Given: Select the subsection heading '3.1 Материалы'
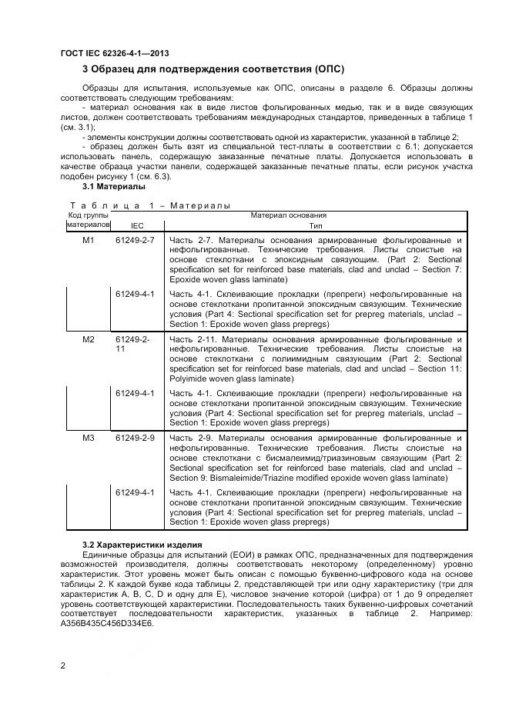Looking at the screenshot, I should coord(113,187).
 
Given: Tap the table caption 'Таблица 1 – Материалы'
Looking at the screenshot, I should coord(150,205).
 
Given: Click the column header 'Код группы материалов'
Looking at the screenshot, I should coord(87,221).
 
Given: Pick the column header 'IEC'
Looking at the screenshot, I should coord(137,226).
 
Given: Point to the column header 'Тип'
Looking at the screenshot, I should coord(316,226).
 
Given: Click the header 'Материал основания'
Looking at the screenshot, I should coord(288,215).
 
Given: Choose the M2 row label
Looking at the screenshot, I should coord(88,339).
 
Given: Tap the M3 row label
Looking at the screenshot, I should coord(88,438).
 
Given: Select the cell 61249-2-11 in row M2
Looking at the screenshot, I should coord(133,344).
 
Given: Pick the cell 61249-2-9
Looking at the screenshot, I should coord(135,438).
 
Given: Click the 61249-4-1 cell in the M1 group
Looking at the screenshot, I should coord(135,295).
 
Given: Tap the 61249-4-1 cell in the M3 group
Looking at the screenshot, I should coord(135,492).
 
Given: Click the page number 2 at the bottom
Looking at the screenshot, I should coord(62,666).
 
